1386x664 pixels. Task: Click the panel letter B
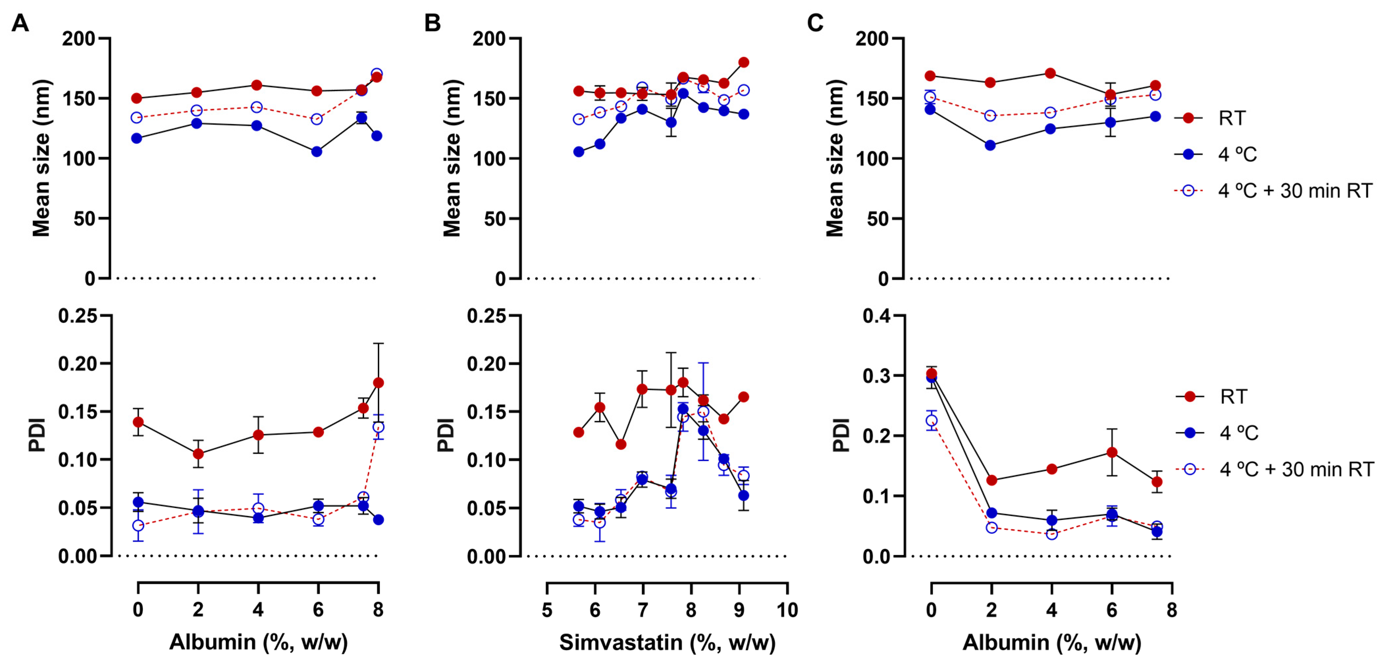coord(432,23)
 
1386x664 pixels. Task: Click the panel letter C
coord(815,23)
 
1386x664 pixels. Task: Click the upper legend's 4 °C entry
coord(1237,155)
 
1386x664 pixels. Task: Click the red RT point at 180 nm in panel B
coord(744,63)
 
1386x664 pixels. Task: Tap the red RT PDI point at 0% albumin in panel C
coord(931,374)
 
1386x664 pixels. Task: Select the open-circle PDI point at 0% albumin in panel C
coord(931,420)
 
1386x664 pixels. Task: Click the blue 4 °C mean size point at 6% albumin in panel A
coord(317,152)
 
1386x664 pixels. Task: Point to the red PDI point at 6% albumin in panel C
coord(1111,452)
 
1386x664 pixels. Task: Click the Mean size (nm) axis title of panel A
coord(41,158)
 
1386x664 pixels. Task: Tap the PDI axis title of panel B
coord(446,435)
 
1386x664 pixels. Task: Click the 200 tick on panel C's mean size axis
coord(871,39)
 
